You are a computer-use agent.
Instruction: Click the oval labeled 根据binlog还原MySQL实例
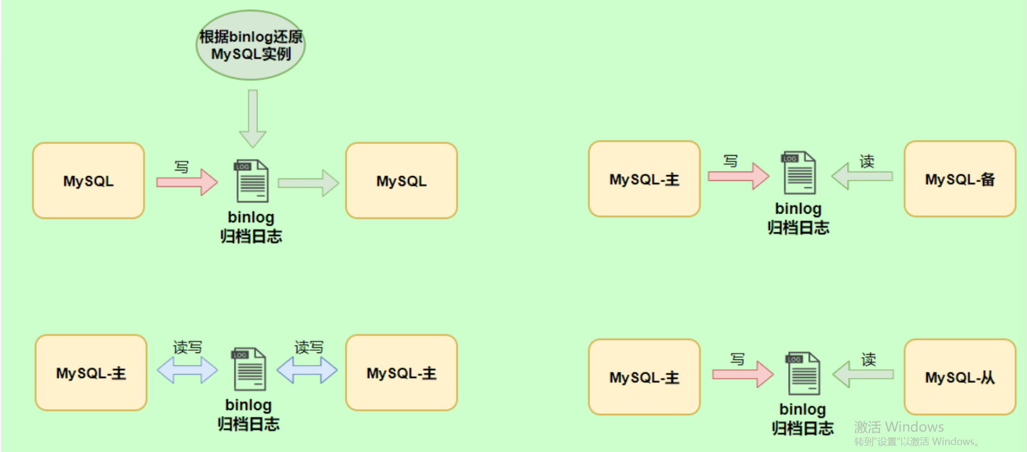250,46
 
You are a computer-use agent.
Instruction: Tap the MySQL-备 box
959,179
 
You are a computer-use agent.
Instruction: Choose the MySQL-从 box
959,377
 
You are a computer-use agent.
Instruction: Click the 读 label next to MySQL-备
867,161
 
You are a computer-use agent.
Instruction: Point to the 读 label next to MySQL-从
868,359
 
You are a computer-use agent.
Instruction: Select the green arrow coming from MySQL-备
862,176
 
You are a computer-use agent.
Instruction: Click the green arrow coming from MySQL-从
863,374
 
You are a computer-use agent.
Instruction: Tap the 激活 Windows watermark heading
899,427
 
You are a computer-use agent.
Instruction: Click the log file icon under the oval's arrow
252,180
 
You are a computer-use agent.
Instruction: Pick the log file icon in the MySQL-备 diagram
799,172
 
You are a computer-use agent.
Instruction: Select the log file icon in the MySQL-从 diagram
803,373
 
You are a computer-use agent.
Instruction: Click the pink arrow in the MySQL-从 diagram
743,374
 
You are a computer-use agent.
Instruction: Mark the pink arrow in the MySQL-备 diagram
738,176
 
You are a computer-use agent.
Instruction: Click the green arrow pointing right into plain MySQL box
308,183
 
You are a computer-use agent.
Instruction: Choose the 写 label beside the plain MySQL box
182,167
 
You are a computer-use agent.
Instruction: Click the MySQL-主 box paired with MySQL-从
644,377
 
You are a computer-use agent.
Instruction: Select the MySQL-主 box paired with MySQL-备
644,179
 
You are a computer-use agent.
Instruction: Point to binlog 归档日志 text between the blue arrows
248,415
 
